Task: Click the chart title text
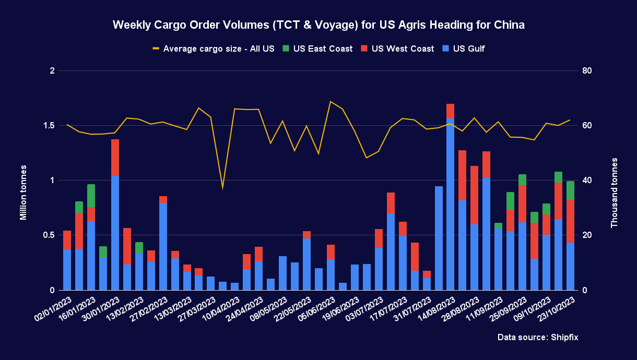tap(318, 25)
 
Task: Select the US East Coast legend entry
tap(317, 49)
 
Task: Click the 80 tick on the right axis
tap(586, 70)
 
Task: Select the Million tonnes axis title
tap(23, 193)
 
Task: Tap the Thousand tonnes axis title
tap(614, 193)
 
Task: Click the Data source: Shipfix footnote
tap(538, 338)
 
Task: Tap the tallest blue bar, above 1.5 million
tap(451, 203)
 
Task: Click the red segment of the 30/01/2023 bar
tap(115, 158)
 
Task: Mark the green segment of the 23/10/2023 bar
tap(570, 190)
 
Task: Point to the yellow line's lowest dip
tap(222, 187)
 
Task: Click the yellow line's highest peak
tap(331, 102)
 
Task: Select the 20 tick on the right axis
tap(586, 235)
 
